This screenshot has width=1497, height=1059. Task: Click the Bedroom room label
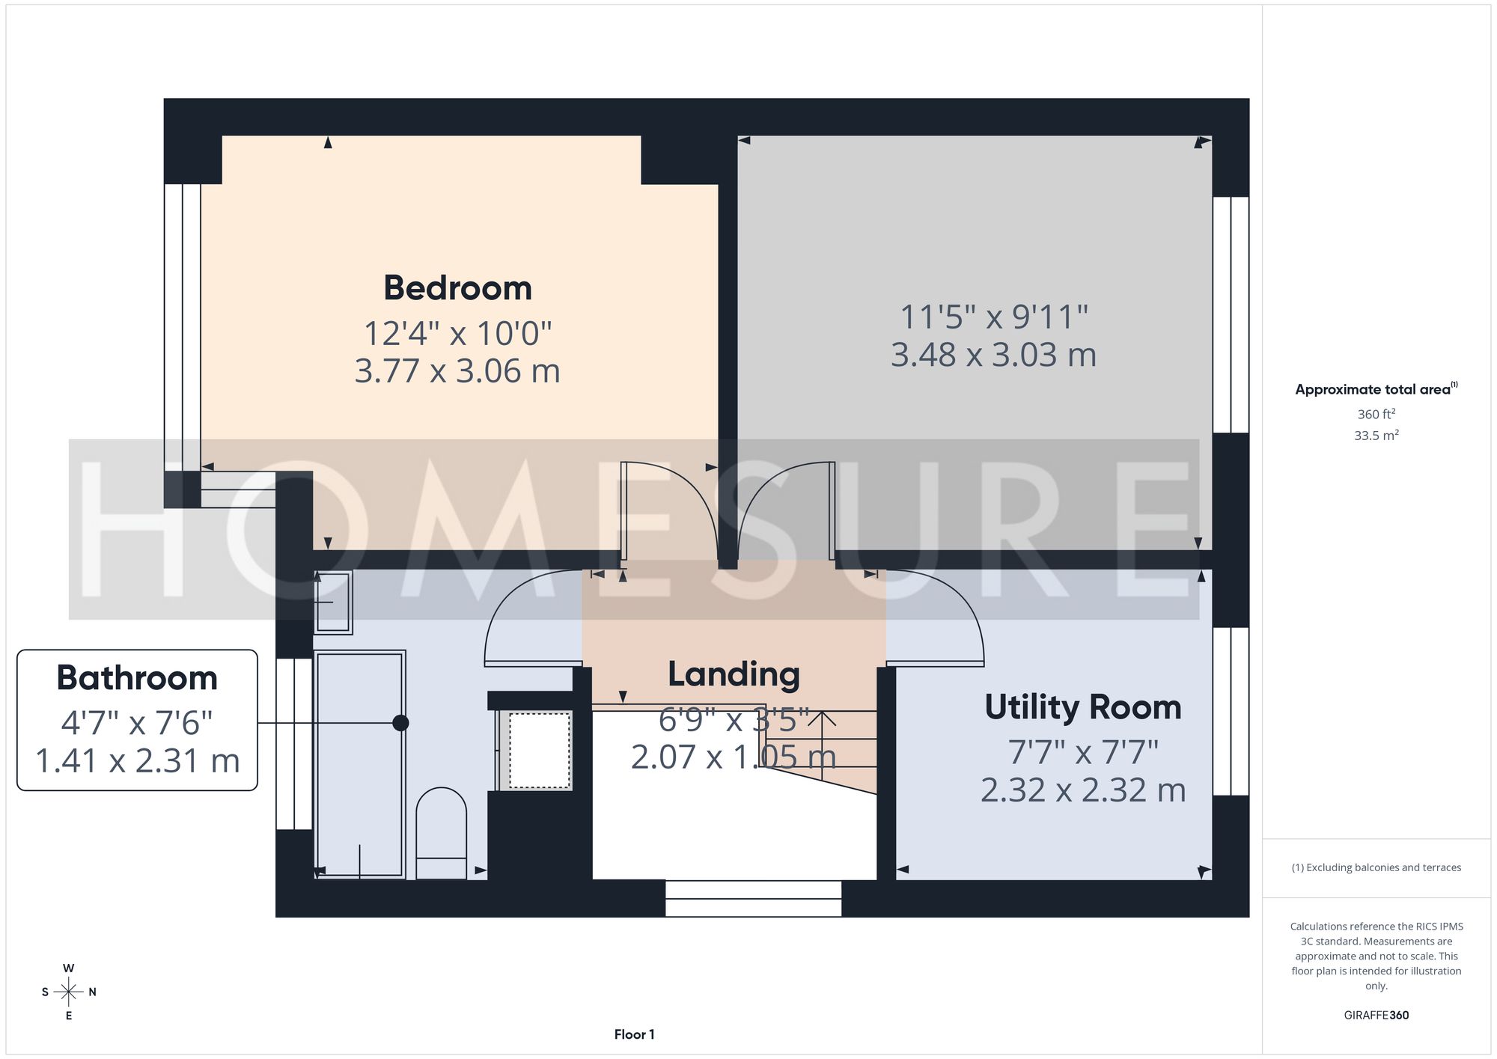pyautogui.click(x=457, y=288)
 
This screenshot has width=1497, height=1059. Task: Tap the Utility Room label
pyautogui.click(x=1083, y=707)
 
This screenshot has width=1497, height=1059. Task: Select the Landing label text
pyautogui.click(x=734, y=675)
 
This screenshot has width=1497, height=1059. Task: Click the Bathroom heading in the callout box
pyautogui.click(x=137, y=678)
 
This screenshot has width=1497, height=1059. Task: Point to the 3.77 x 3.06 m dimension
pyautogui.click(x=457, y=371)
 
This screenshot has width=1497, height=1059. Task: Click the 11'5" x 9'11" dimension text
pyautogui.click(x=993, y=317)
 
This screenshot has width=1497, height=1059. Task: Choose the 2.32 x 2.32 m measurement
pyautogui.click(x=1083, y=790)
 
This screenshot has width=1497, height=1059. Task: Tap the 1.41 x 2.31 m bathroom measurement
pyautogui.click(x=137, y=761)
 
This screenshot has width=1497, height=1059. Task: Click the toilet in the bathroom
pyautogui.click(x=441, y=833)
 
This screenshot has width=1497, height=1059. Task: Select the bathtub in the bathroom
pyautogui.click(x=360, y=764)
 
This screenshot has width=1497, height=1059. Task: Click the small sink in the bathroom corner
pyautogui.click(x=332, y=602)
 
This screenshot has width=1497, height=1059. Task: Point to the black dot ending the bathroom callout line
pyautogui.click(x=401, y=723)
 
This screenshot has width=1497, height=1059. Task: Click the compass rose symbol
pyautogui.click(x=69, y=992)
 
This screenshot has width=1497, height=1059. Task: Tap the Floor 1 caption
pyautogui.click(x=634, y=1034)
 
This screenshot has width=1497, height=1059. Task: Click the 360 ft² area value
pyautogui.click(x=1376, y=414)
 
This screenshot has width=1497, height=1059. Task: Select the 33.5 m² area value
pyautogui.click(x=1376, y=435)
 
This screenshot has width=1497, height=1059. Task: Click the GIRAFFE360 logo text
pyautogui.click(x=1376, y=1016)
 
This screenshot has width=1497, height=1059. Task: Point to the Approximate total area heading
pyautogui.click(x=1376, y=388)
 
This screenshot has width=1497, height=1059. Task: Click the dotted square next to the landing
pyautogui.click(x=540, y=750)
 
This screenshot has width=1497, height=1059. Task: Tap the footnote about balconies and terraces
pyautogui.click(x=1376, y=867)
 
